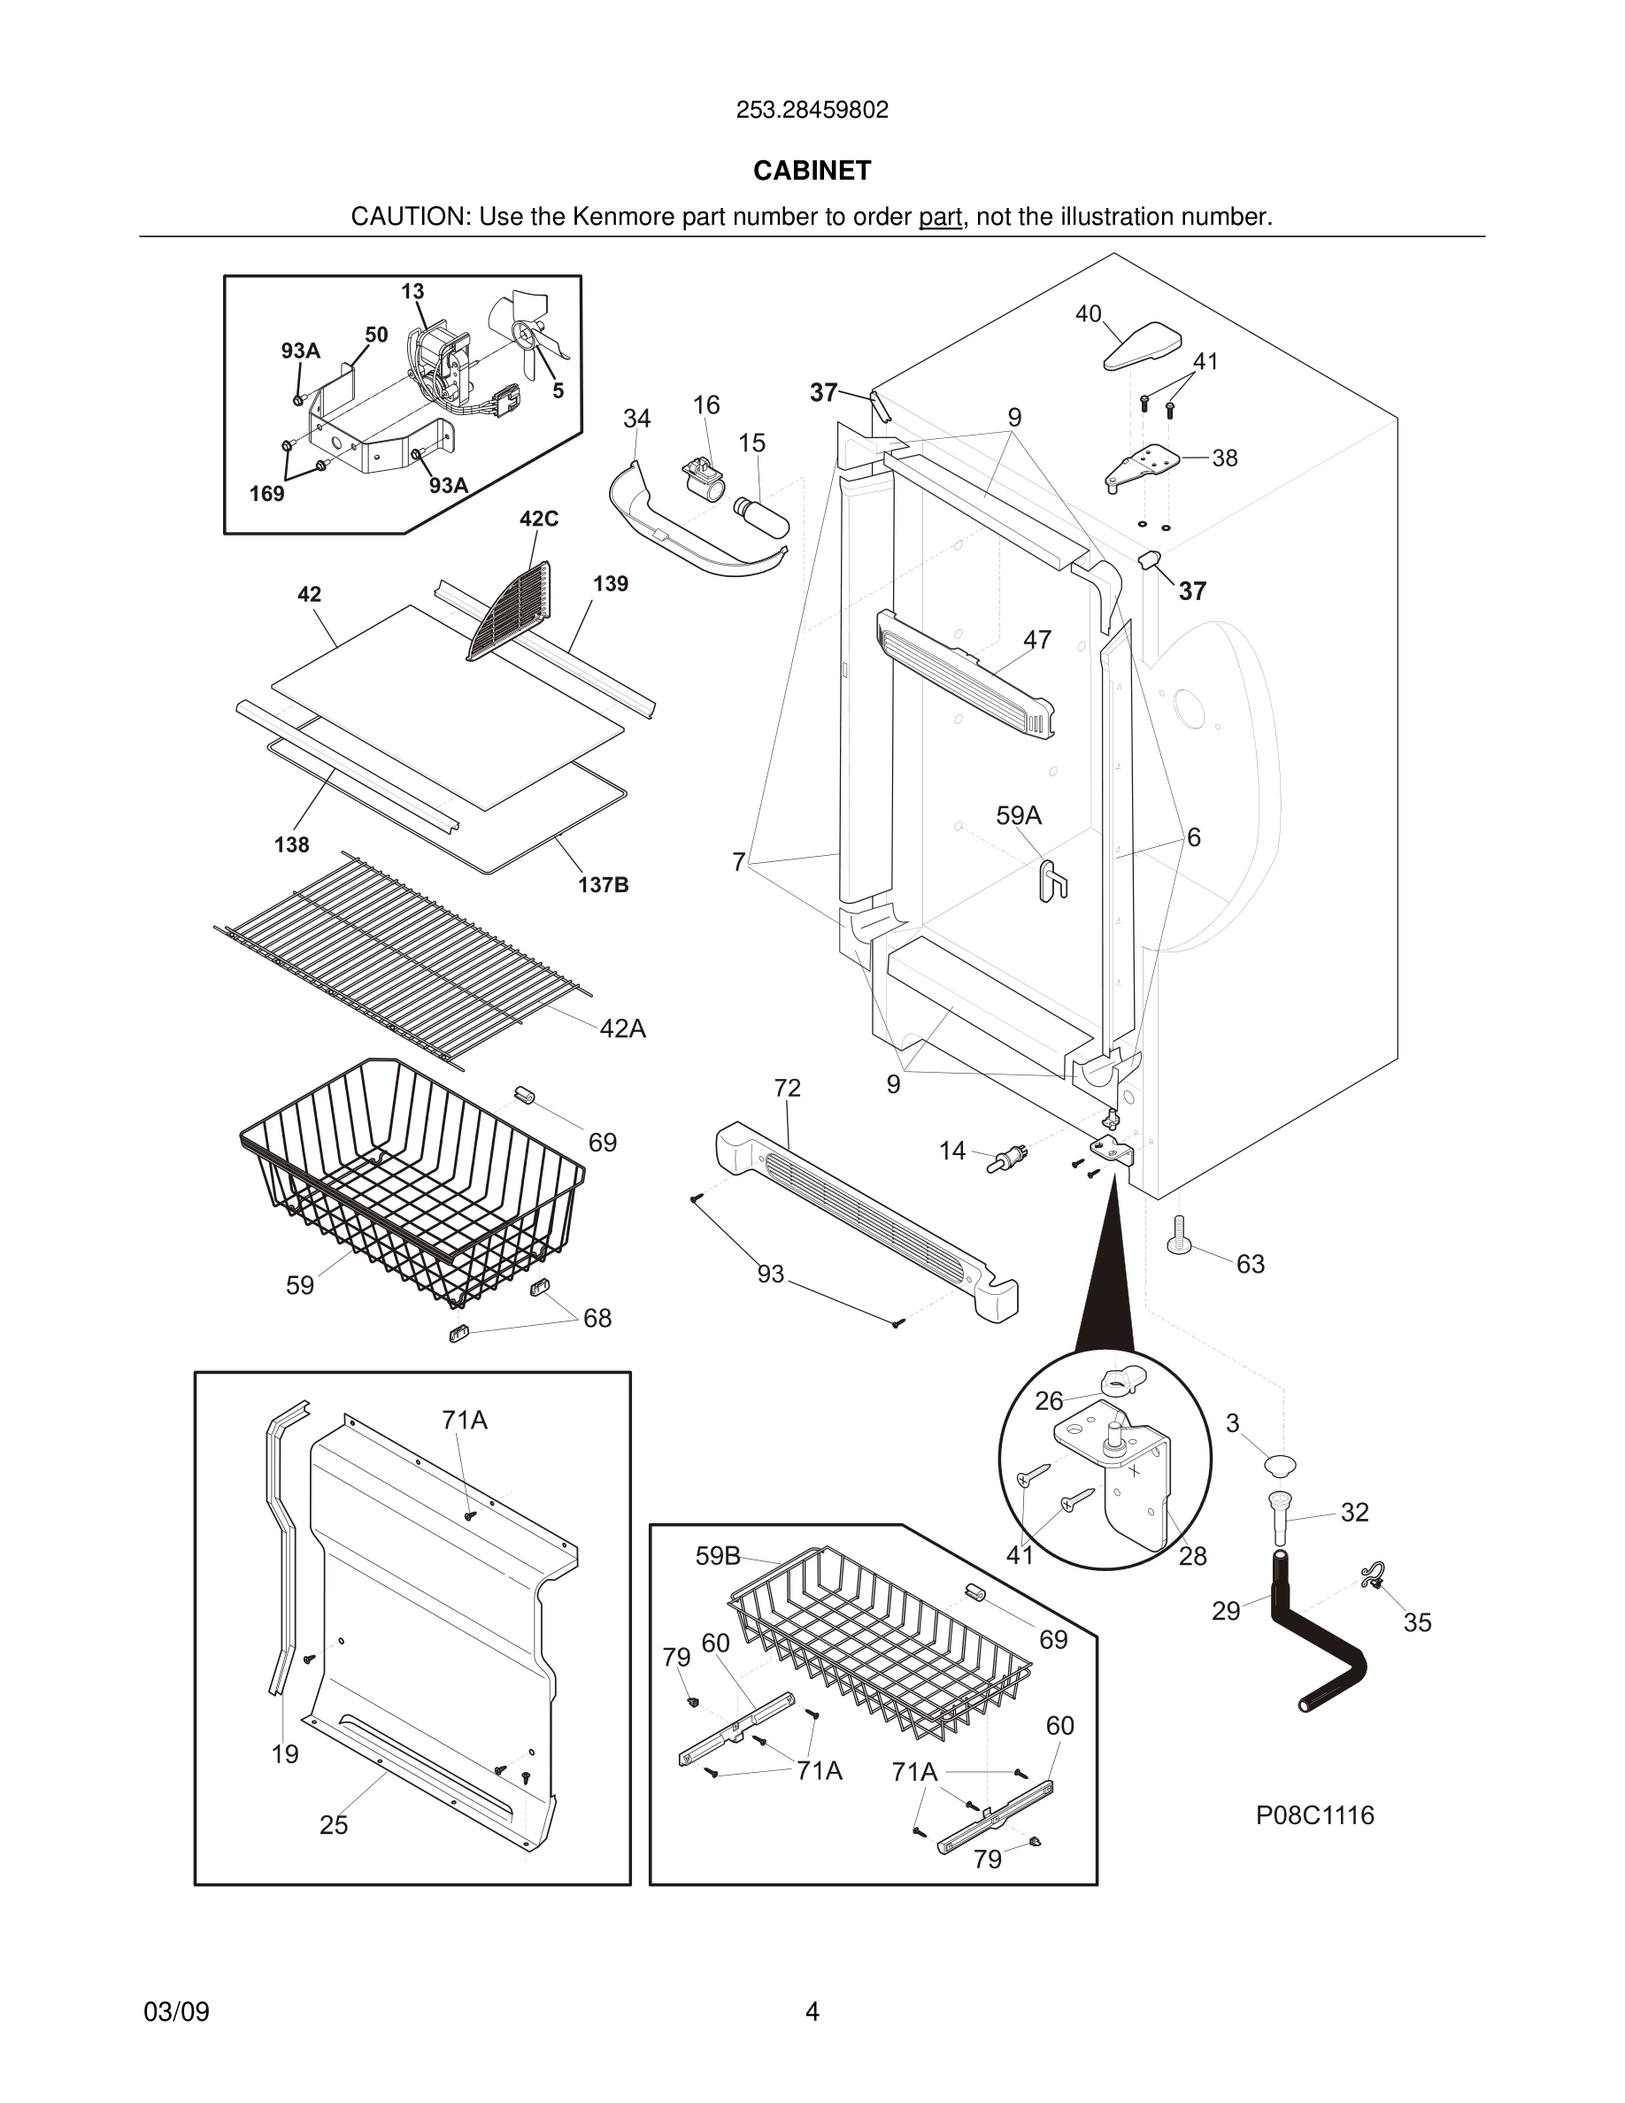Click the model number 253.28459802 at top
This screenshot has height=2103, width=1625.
click(x=812, y=111)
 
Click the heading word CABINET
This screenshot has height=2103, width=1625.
click(x=812, y=171)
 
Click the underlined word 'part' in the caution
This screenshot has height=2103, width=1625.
click(x=940, y=218)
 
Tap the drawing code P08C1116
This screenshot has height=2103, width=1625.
click(x=1314, y=1815)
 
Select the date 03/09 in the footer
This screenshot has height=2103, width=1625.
click(x=176, y=2011)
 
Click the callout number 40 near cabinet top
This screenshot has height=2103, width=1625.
click(x=1088, y=314)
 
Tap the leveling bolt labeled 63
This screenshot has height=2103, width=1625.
click(x=1178, y=1236)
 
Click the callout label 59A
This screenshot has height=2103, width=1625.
click(x=1019, y=815)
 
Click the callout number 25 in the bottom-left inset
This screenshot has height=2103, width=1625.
click(x=333, y=1825)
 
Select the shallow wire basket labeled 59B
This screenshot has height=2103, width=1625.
click(x=876, y=1637)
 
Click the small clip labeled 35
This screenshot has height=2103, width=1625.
click(x=1372, y=1576)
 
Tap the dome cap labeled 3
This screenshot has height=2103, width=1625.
click(x=1281, y=1465)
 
